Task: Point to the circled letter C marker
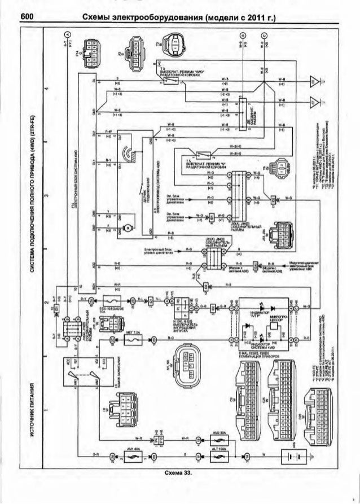(264, 36)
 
